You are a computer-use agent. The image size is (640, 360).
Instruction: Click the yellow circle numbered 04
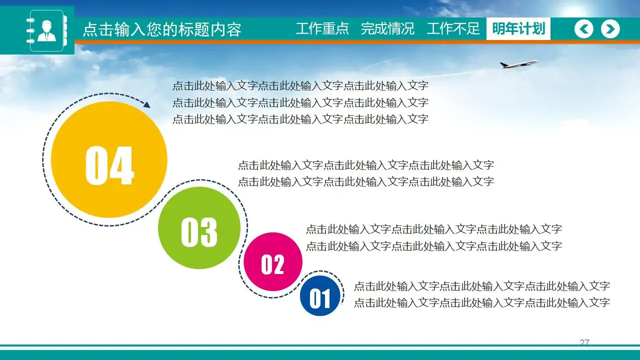tap(109, 160)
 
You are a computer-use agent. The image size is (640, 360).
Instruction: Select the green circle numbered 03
tap(199, 228)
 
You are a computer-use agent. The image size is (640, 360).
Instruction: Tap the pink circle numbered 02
tap(273, 261)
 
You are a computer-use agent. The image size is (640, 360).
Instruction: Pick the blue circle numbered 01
tap(320, 295)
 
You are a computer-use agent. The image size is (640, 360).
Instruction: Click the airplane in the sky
tap(518, 64)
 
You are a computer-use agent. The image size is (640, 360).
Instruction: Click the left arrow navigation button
tap(583, 29)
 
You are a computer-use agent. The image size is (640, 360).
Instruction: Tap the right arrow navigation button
tap(610, 29)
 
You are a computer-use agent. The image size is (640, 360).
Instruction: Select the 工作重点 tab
tap(322, 28)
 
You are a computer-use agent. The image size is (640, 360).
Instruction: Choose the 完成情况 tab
tap(387, 28)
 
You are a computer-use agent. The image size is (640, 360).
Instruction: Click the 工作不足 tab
tap(453, 28)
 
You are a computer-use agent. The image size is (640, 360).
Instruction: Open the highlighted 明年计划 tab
tap(518, 28)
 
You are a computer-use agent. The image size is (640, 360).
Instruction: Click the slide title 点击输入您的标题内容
tap(161, 29)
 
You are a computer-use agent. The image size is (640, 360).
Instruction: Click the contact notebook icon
tap(46, 30)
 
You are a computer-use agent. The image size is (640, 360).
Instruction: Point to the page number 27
tap(584, 342)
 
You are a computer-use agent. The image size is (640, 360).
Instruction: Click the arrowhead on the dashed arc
tap(146, 105)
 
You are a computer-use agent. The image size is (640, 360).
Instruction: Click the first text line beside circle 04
tap(300, 86)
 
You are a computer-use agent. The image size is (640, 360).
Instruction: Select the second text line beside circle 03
tap(365, 181)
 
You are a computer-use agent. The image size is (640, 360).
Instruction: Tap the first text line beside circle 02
tap(433, 229)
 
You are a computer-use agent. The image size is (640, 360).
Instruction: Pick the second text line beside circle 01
tap(481, 302)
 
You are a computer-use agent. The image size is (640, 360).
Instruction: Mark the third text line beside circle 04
tap(300, 119)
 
